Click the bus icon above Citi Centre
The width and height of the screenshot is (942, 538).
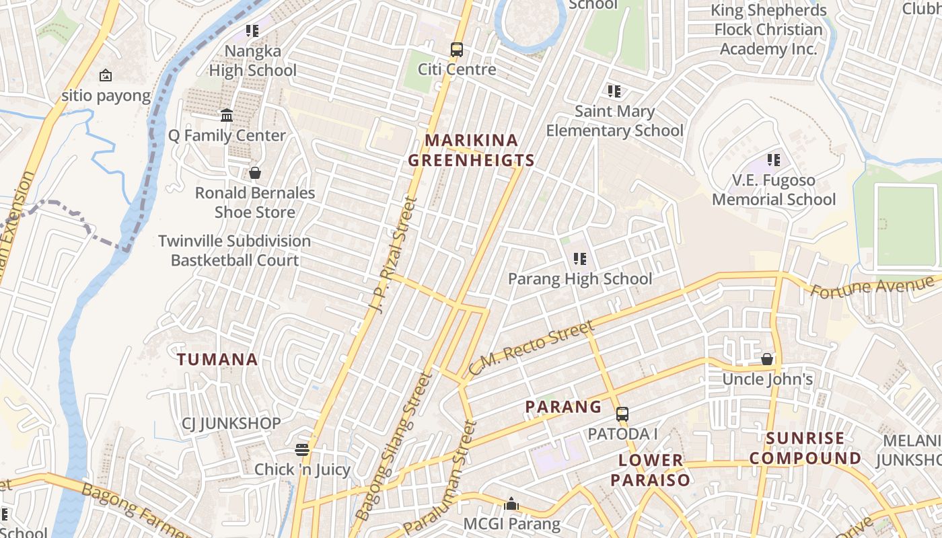tap(457, 49)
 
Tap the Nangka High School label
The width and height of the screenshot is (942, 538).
tap(252, 61)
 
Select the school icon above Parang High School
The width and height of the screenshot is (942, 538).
tap(579, 259)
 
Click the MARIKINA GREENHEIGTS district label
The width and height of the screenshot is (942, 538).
tap(472, 150)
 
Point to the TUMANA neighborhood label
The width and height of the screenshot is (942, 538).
tap(218, 359)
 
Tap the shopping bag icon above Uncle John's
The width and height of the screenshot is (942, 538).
tap(767, 360)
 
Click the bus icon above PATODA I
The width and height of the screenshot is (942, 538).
tap(622, 414)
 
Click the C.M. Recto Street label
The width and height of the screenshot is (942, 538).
tap(532, 348)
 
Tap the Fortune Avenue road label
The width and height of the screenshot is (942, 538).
tap(875, 286)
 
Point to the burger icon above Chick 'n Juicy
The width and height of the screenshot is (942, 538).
tap(302, 450)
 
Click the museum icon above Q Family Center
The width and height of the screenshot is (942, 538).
tap(227, 116)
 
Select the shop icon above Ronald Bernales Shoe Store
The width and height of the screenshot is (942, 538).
tap(255, 173)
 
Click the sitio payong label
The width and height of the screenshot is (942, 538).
tap(106, 95)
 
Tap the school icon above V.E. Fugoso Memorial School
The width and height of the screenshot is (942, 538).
tap(774, 160)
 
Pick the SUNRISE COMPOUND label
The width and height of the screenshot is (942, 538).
tap(805, 449)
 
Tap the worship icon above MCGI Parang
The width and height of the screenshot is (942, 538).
tap(511, 504)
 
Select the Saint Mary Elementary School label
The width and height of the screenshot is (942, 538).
tap(614, 121)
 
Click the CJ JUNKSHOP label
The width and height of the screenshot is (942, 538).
tap(231, 424)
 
